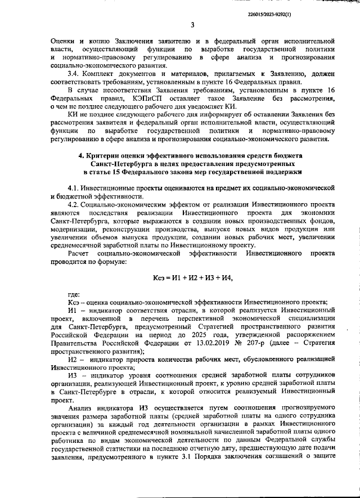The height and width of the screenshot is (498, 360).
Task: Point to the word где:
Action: [x=73, y=294]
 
